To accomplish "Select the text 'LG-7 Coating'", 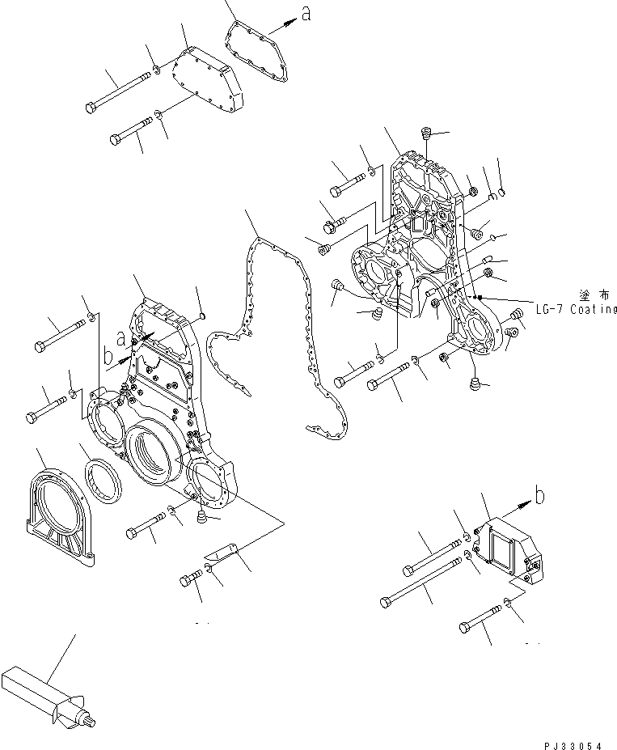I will tap(576, 309).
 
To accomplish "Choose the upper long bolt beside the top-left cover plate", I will tap(119, 92).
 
